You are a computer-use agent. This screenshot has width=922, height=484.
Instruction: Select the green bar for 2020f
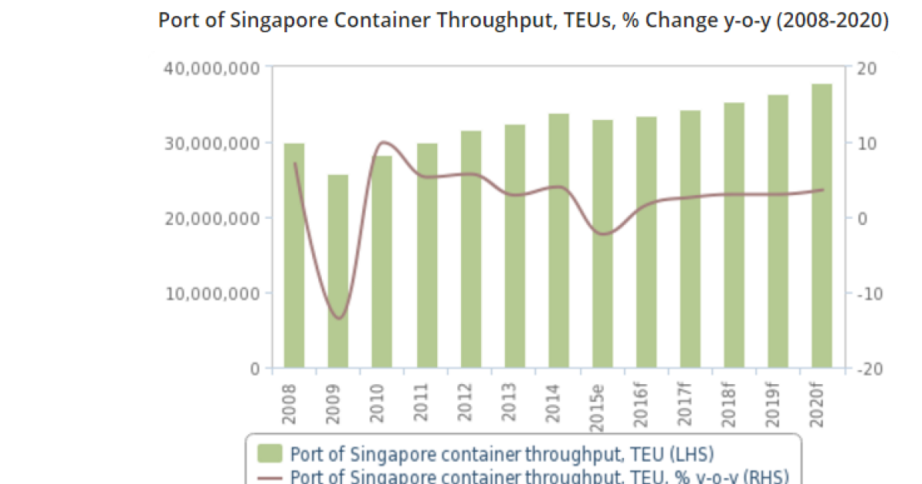[x=823, y=226]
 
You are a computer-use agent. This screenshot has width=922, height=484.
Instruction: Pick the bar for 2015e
[x=602, y=244]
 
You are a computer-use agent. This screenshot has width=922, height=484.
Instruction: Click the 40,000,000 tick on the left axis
[x=211, y=68]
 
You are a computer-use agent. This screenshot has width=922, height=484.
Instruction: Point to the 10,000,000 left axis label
[x=211, y=293]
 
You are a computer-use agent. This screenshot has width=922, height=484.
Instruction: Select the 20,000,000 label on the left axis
[x=211, y=218]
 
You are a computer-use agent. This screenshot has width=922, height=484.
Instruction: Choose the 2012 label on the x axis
[x=470, y=399]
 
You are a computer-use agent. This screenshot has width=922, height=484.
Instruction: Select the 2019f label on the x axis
[x=779, y=401]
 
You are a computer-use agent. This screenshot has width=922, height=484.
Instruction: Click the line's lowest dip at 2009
[x=339, y=317]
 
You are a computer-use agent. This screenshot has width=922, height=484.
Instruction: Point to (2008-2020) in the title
[x=835, y=20]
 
